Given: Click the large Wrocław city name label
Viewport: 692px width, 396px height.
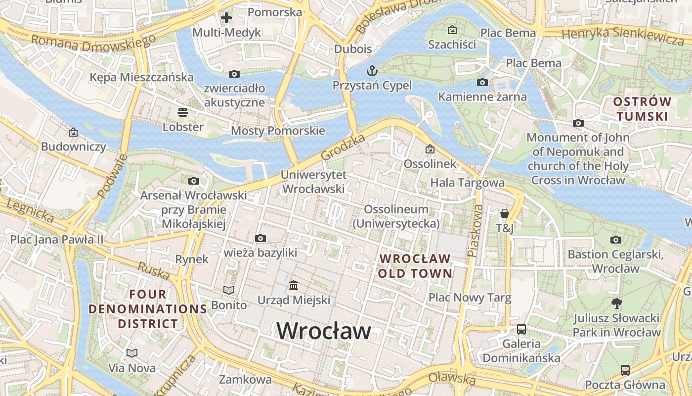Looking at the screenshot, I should coord(324,331).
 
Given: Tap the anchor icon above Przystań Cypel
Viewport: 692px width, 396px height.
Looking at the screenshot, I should coord(371,70).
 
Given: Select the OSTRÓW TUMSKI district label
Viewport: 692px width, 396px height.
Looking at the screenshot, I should coord(642,109).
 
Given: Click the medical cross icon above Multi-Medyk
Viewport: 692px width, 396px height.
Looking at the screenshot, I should coord(226,18).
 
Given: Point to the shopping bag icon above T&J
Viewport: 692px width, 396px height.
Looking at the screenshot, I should coord(505,213).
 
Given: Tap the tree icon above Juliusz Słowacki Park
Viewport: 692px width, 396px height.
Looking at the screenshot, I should coord(616,303).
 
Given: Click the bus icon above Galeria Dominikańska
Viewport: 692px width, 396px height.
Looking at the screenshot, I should coord(521,329).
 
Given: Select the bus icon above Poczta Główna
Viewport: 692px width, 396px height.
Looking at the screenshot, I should coord(625,370).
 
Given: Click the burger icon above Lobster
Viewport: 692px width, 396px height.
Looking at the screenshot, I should coord(183,112).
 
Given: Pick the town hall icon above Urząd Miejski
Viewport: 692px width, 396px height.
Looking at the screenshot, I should coord(294,285).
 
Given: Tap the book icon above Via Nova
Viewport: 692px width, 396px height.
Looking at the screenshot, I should coord(131,353).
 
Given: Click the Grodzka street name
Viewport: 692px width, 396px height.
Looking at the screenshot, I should coord(343,146).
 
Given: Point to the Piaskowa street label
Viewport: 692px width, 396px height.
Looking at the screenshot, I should coord(475,231).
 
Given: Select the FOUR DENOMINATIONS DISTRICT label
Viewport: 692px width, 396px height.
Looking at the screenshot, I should coord(148,309).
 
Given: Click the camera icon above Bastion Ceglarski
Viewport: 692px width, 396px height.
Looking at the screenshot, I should coord(615,240).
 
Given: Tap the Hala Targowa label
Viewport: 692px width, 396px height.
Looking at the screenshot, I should coord(467,183).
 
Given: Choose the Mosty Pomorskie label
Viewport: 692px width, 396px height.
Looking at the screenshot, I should coord(278,131).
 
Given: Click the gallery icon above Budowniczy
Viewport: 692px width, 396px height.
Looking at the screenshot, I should coord(73,132).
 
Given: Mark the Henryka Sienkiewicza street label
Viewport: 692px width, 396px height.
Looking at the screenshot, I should coord(623,36).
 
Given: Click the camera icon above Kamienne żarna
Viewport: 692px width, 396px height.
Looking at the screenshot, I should coord(482,82).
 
